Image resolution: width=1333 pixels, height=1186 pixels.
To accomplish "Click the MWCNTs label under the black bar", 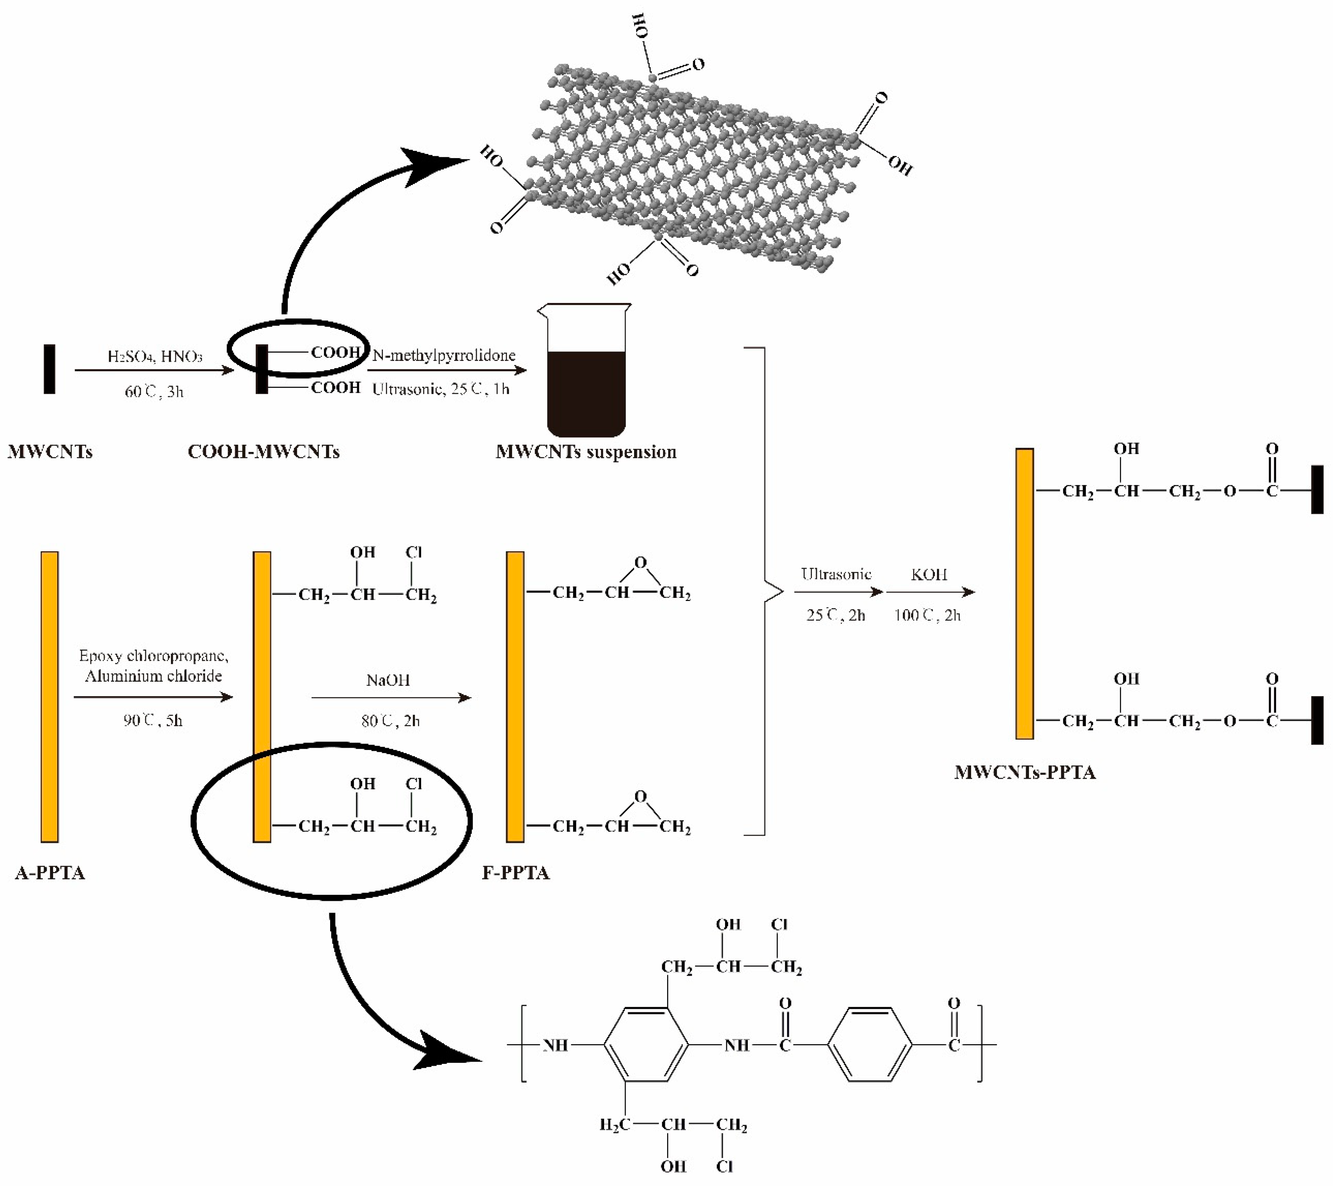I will click(50, 452).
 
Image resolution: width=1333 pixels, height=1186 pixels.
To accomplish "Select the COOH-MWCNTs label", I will click(263, 452).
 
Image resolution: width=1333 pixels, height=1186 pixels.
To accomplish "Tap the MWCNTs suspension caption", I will click(586, 452).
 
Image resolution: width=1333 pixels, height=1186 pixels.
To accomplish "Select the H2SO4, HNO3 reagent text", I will click(155, 356).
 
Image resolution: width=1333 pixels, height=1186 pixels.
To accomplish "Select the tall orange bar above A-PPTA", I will click(50, 697).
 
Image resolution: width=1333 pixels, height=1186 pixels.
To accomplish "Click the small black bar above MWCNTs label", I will click(50, 369).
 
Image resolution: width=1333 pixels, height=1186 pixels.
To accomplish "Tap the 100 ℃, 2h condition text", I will click(927, 615).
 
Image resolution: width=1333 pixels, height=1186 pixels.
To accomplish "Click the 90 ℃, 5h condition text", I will click(153, 721).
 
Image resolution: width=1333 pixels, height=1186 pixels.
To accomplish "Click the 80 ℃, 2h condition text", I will click(390, 721).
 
